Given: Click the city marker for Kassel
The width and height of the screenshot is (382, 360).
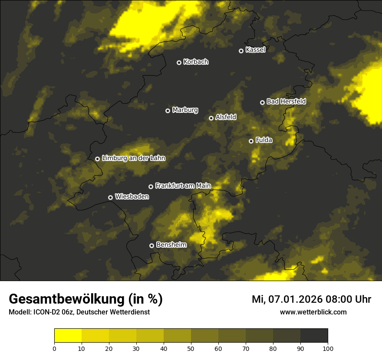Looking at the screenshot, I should coord(241,51).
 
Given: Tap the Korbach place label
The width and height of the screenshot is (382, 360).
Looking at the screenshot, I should coord(196,62).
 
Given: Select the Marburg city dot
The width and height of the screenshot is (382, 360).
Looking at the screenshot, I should coord(168,111).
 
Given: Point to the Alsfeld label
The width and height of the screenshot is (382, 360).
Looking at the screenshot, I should coord(226,117).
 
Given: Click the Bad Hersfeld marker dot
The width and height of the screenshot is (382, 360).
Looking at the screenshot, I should coord(262,102).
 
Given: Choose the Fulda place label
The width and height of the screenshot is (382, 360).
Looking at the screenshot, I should coord(264,140).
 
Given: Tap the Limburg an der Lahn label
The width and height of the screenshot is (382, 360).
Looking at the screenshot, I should coord(134,158).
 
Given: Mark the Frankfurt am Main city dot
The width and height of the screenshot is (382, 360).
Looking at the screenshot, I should coord(151,187).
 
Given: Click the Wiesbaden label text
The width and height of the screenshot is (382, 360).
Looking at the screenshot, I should coord(132,196).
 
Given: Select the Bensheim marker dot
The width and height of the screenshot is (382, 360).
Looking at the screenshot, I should coord(151,245).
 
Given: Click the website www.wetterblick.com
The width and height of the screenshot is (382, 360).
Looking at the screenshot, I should coord(313,312).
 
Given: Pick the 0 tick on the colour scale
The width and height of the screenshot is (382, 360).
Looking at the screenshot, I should coord(54,348).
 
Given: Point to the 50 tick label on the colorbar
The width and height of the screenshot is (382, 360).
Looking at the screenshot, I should coord(191,348).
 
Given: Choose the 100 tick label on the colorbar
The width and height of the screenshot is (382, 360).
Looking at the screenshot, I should coord(328,348).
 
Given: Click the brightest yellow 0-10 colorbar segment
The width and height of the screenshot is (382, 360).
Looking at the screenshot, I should coord(68,336).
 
